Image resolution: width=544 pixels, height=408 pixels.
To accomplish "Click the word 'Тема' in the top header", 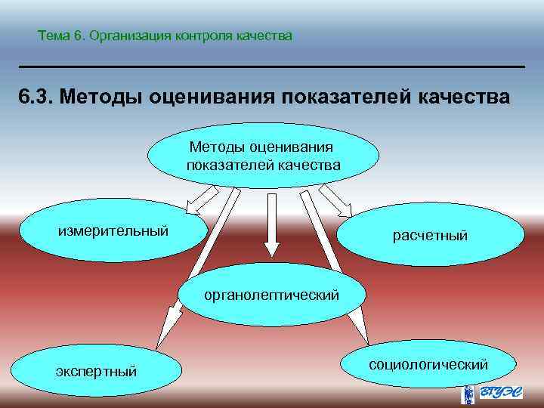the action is [x=52, y=36].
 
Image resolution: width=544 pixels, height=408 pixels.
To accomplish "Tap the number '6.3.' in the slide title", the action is [x=35, y=97].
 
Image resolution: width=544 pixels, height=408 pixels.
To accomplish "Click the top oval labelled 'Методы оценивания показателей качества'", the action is [x=262, y=155].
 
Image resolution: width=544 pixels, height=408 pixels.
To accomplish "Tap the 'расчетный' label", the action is [x=430, y=236].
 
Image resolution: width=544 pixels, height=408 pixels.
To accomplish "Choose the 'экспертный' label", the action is [x=97, y=371].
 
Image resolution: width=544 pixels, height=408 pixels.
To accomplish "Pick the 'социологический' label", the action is [x=428, y=365].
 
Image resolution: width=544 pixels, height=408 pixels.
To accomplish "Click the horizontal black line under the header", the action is [x=272, y=67].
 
